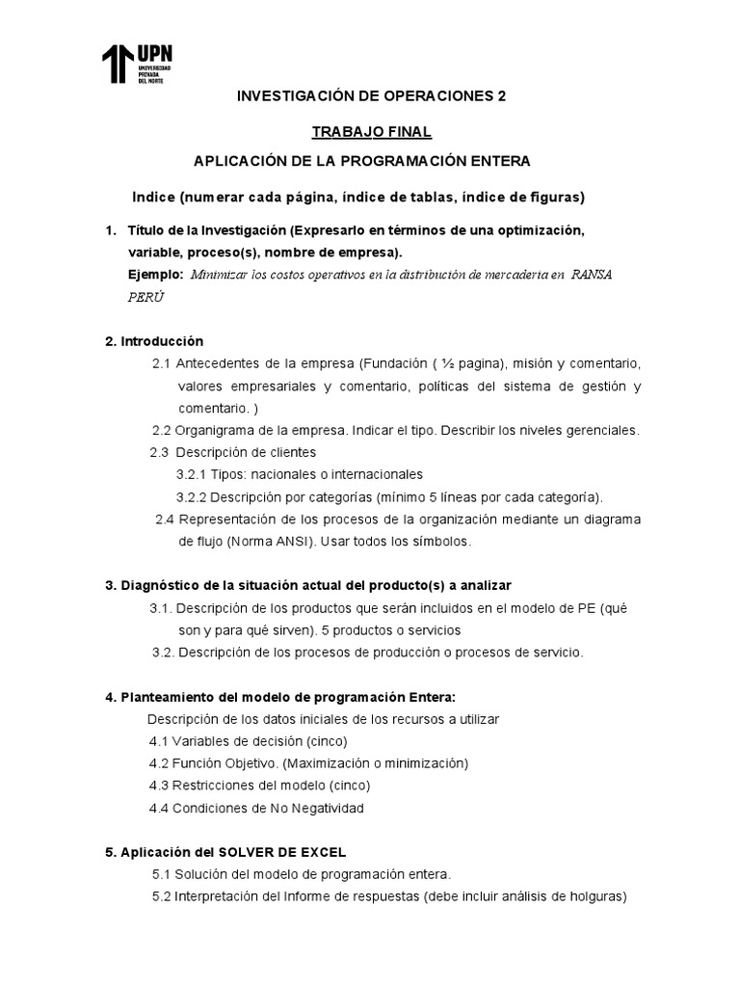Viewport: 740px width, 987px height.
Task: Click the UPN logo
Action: (x=137, y=65)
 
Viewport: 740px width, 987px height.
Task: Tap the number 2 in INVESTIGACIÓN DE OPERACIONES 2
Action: (x=499, y=96)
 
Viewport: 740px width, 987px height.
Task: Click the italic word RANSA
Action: (x=592, y=275)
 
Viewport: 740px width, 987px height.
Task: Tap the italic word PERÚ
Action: (x=145, y=297)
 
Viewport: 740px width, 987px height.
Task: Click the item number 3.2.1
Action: (x=192, y=474)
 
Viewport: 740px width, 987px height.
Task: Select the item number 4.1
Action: (x=159, y=741)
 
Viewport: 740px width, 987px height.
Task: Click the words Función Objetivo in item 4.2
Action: (x=226, y=763)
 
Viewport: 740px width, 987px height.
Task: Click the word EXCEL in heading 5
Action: (x=325, y=852)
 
